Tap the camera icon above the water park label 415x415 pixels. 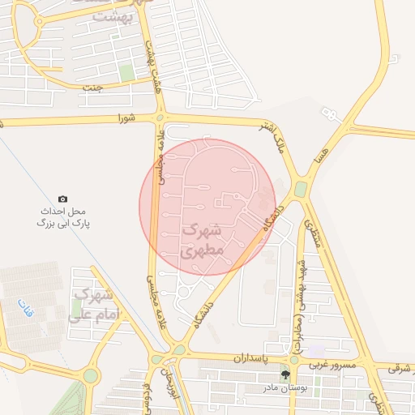pos(63,199)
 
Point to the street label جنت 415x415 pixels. pos(98,88)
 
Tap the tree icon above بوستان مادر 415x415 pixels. pos(285,374)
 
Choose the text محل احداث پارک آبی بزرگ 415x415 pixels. pos(63,216)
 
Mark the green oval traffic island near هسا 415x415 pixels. pos(301,189)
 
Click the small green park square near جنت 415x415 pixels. pos(126,73)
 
